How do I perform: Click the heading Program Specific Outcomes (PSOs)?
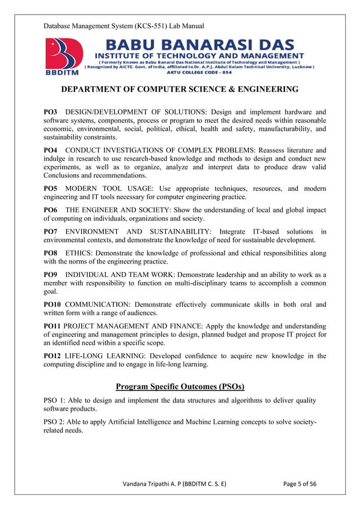pyautogui.click(x=179, y=387)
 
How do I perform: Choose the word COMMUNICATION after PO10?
pyautogui.click(x=98, y=305)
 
